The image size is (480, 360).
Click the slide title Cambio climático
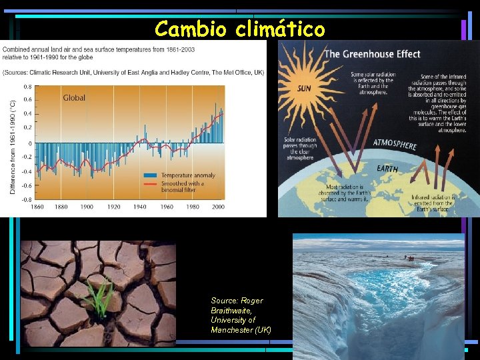pos(240,29)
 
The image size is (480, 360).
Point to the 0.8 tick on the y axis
pos(27,87)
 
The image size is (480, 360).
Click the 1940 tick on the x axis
pos(140,207)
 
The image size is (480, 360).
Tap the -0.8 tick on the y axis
pos(26,199)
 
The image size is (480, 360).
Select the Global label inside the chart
pos(74,98)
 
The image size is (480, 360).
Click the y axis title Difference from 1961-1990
pos(13,147)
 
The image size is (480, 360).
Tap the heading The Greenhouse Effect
pos(371,54)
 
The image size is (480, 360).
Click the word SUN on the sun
pos(303,88)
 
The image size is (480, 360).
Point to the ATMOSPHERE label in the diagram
pos(395,144)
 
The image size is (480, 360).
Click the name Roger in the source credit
pos(251,301)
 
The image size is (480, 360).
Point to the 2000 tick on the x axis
pos(217,207)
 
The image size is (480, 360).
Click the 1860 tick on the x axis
pos(37,207)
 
